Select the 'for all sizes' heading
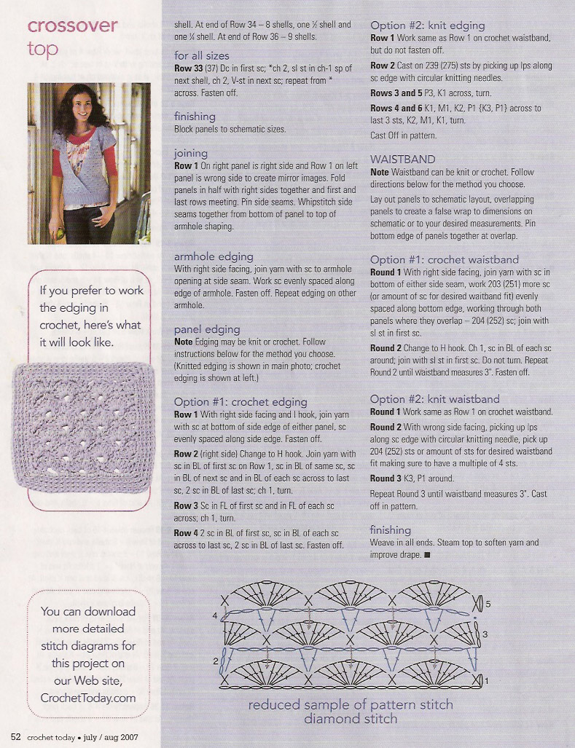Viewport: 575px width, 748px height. pos(201,55)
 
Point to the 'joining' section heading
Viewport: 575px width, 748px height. pos(190,154)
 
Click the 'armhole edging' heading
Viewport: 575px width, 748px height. pos(214,256)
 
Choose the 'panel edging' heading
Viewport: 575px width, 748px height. pos(207,329)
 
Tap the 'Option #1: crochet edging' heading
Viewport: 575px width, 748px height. pos(240,401)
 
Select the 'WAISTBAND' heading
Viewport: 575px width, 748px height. pos(402,159)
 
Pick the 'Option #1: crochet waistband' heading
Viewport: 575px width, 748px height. pos(444,259)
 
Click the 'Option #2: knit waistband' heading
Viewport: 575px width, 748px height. pos(434,399)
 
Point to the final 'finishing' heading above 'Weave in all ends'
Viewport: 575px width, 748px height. pos(390,529)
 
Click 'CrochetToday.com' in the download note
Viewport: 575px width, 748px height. pos(88,698)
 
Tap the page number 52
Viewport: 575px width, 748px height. pos(15,737)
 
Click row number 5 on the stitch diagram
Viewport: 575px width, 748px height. pos(489,604)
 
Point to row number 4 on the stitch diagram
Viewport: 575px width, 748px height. pos(215,616)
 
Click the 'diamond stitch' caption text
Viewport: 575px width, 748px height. pos(351,719)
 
